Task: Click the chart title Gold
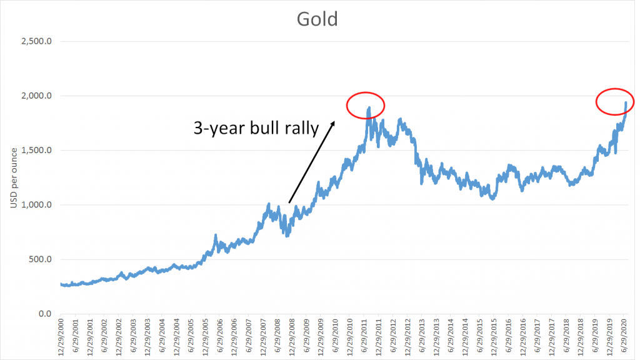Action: [317, 19]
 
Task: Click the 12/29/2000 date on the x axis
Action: [61, 338]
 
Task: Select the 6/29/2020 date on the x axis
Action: [624, 338]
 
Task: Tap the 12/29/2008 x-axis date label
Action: [292, 338]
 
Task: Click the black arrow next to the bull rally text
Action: [311, 162]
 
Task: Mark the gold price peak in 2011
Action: [369, 107]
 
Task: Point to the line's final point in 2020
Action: [626, 102]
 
